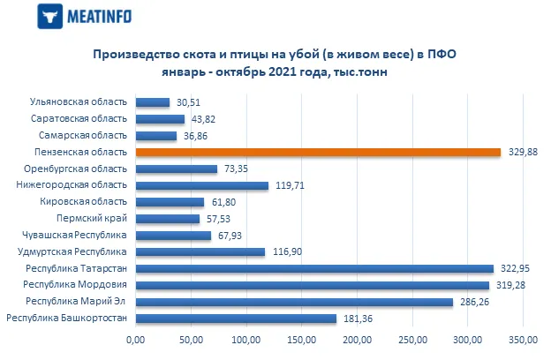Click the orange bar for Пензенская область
click(x=318, y=152)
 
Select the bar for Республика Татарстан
click(x=314, y=268)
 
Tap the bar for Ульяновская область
click(x=152, y=102)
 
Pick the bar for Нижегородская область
click(x=201, y=185)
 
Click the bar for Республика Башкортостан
click(x=236, y=318)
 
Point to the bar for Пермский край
click(x=167, y=218)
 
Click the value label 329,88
click(x=518, y=153)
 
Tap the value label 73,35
click(x=235, y=169)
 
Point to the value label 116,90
click(x=283, y=252)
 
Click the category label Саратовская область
click(x=79, y=119)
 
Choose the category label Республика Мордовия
click(x=76, y=285)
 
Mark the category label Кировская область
click(x=85, y=202)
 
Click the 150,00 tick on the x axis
click(x=302, y=340)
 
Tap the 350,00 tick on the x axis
click(x=524, y=340)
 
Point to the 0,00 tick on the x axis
click(x=135, y=340)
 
